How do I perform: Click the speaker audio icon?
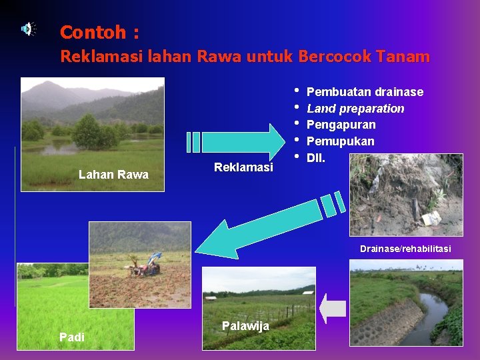(28, 29)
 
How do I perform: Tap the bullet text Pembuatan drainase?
(365, 92)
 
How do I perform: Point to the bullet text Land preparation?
(355, 108)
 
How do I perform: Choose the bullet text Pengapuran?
(341, 125)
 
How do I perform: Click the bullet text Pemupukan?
(340, 141)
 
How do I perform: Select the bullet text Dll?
(315, 157)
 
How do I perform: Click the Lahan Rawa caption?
(113, 175)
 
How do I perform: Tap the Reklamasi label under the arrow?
(243, 167)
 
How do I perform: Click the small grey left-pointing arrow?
(333, 309)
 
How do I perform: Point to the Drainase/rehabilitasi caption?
(405, 249)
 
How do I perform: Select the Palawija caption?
(245, 325)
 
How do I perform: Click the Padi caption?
(72, 337)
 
